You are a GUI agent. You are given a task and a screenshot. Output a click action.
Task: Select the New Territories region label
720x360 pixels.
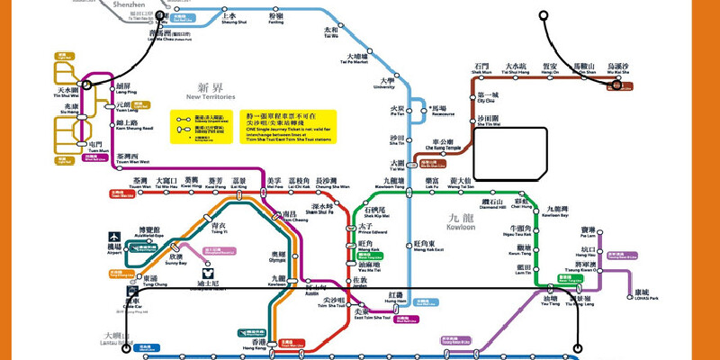[210, 91]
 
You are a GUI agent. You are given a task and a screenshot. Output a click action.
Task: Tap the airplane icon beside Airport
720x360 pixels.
[115, 236]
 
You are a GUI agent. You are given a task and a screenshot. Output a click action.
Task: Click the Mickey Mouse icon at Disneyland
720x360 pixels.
[209, 270]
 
